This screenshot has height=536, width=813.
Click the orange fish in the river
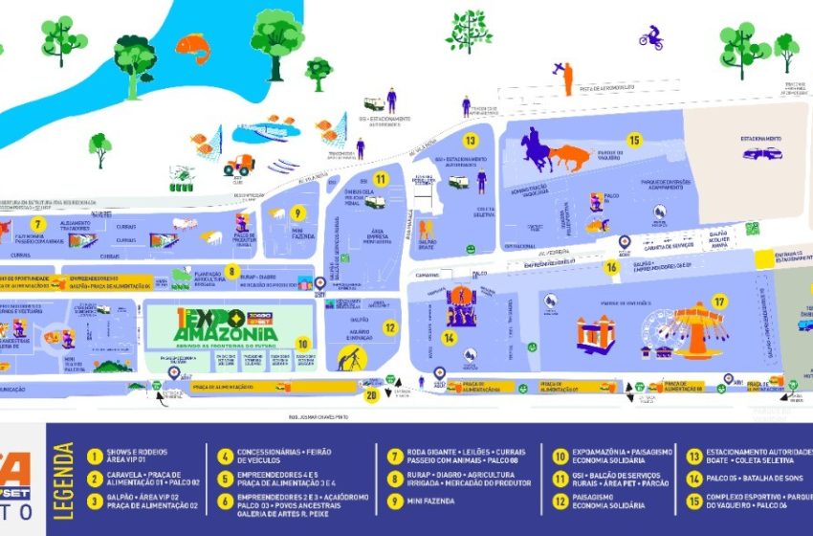[x=192, y=46]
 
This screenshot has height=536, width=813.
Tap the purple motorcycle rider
[x=651, y=37]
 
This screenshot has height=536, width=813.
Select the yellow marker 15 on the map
[x=634, y=140]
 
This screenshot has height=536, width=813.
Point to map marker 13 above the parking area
[x=471, y=140]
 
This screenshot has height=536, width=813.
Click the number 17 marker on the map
[x=719, y=301]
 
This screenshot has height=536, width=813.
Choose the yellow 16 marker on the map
[x=612, y=267]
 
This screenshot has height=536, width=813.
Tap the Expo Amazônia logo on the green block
[x=229, y=322]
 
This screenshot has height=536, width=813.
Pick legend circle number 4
[x=225, y=457]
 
